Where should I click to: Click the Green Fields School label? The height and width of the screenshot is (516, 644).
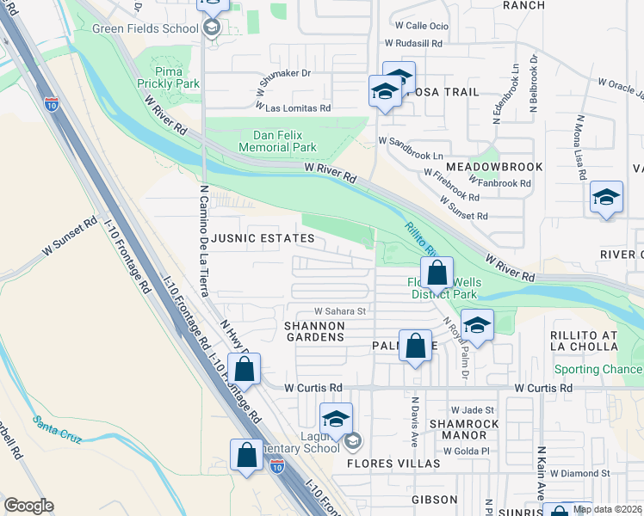tap(145, 28)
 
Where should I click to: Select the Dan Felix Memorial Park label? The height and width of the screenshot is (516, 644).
tap(284, 141)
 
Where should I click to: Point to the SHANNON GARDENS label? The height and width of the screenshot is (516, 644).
tap(314, 332)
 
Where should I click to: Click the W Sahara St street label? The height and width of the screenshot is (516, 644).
tap(340, 311)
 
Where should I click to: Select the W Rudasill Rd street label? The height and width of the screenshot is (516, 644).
tap(413, 42)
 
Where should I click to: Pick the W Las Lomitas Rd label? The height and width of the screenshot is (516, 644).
tap(294, 109)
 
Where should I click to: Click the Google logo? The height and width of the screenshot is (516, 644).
tap(28, 506)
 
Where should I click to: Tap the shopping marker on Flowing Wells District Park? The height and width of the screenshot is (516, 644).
tap(437, 273)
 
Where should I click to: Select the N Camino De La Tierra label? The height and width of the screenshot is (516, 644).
tap(205, 242)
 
